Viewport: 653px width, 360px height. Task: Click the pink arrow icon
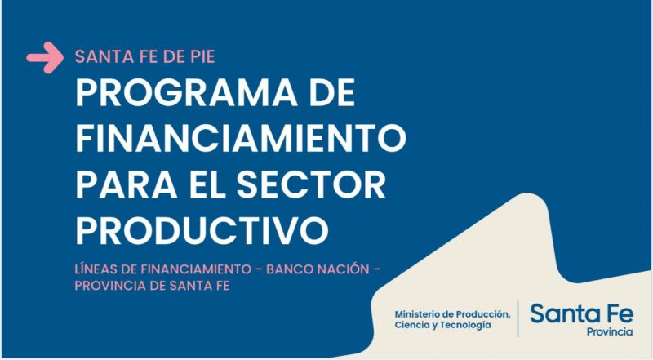click(x=45, y=57)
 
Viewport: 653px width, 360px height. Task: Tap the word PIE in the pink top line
click(x=202, y=56)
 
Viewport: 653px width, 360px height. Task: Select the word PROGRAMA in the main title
click(x=186, y=93)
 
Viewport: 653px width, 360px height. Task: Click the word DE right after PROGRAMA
click(x=332, y=93)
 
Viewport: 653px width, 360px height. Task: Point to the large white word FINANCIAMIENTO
click(x=241, y=138)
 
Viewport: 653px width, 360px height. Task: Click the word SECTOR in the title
click(x=312, y=184)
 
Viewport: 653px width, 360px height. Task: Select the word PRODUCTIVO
click(x=202, y=230)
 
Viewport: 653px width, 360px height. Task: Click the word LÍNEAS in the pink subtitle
click(x=96, y=269)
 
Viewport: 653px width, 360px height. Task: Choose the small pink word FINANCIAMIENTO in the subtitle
click(x=196, y=269)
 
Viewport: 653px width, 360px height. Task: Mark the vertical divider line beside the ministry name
click(x=518, y=318)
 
